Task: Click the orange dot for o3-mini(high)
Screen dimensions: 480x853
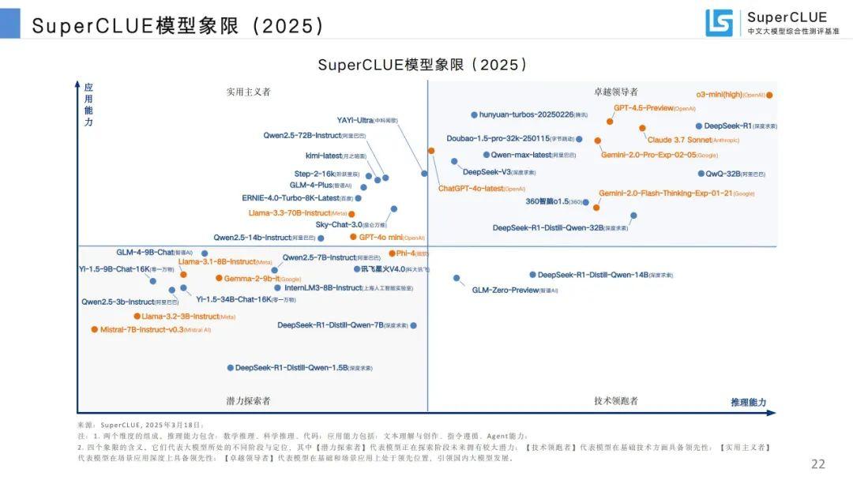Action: pyautogui.click(x=769, y=95)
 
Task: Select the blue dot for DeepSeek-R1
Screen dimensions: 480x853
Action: pyautogui.click(x=699, y=126)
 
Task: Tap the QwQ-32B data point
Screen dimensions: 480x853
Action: pyautogui.click(x=701, y=174)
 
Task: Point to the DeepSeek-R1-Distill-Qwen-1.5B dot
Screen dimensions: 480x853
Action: pyautogui.click(x=231, y=368)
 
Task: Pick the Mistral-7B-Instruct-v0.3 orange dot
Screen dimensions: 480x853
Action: pyautogui.click(x=95, y=329)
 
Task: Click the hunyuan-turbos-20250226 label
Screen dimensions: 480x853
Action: pyautogui.click(x=526, y=114)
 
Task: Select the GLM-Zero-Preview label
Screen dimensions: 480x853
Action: pyautogui.click(x=505, y=291)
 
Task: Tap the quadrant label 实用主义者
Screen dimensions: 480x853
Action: pyautogui.click(x=248, y=92)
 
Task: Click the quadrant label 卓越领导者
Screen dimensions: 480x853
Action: pyautogui.click(x=616, y=92)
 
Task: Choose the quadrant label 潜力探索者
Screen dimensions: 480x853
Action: pyautogui.click(x=248, y=401)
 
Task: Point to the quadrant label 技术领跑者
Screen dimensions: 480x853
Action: pyautogui.click(x=616, y=401)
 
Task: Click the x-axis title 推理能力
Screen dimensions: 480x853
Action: pyautogui.click(x=748, y=403)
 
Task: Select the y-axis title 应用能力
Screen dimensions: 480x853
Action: pyautogui.click(x=88, y=105)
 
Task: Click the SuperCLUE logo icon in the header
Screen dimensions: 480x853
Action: pyautogui.click(x=719, y=23)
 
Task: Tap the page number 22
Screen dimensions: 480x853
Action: pyautogui.click(x=818, y=464)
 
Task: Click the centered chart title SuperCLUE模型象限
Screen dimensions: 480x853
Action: pyautogui.click(x=423, y=65)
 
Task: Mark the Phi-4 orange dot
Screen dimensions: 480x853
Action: pyautogui.click(x=391, y=253)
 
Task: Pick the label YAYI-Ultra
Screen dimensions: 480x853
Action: pyautogui.click(x=355, y=121)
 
